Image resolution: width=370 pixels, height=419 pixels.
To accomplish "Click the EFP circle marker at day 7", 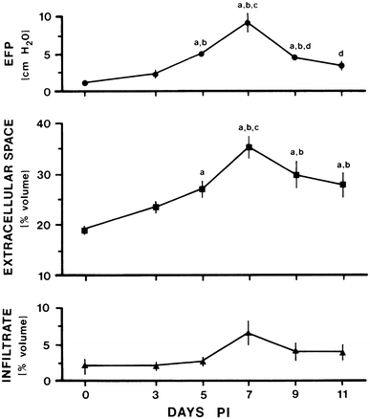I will pos(249,23).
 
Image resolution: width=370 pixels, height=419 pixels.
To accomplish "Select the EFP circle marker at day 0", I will pos(86,83).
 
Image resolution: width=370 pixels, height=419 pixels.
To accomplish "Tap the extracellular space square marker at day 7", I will pos(249,147).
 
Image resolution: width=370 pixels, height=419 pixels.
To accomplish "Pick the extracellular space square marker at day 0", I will pos(86,230).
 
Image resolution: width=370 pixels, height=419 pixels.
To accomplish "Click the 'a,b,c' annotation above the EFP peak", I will pos(249,6).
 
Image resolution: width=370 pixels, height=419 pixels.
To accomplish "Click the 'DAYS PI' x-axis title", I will pos(213,412).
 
